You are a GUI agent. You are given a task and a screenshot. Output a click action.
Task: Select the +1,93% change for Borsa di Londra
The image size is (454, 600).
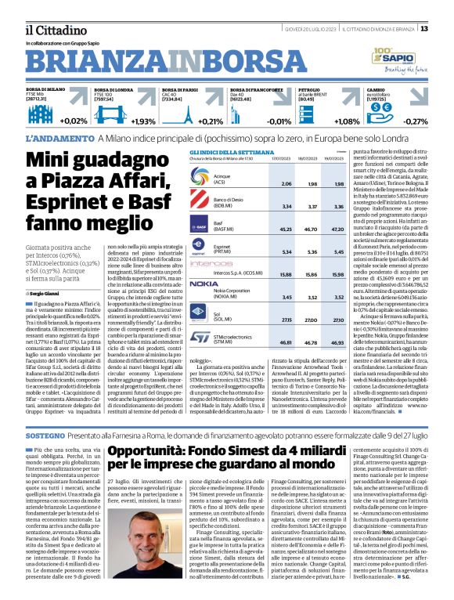[x=143, y=121]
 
